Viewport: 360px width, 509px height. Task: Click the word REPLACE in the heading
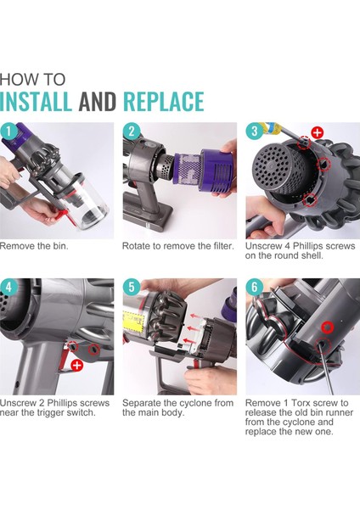164,100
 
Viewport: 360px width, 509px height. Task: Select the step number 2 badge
132,131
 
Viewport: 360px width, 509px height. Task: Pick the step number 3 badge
254,131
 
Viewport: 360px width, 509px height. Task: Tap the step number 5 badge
132,287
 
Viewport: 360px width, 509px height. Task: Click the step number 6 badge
254,287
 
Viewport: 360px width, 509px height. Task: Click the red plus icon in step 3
317,132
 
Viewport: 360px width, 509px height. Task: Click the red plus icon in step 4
76,364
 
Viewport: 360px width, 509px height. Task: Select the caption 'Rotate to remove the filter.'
177,246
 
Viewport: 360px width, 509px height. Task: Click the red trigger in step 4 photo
62,361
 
